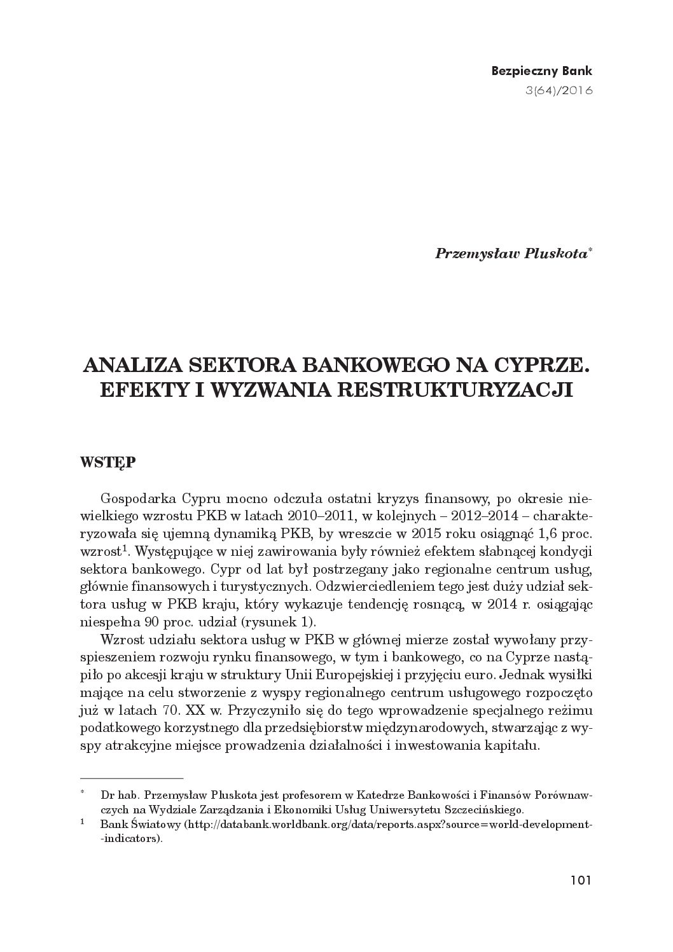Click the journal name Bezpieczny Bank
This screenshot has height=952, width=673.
tap(542, 71)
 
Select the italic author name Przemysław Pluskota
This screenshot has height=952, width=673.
tap(511, 253)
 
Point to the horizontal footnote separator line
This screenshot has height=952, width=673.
tap(132, 778)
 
